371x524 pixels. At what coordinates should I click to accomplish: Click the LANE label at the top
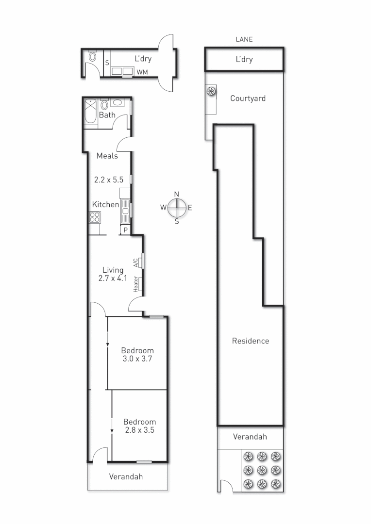pos(244,40)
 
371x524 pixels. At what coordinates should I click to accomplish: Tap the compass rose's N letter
pos(177,194)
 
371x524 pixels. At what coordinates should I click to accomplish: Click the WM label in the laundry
pos(142,72)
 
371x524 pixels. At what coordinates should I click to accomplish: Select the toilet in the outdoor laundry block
pos(93,57)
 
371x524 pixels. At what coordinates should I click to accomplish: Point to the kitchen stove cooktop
pos(95,217)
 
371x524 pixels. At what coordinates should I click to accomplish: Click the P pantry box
pos(125,230)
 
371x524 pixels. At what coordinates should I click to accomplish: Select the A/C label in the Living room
pos(135,262)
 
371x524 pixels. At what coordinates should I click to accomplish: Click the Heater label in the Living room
pos(135,284)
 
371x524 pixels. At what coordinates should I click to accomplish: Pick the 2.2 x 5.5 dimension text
pos(109,180)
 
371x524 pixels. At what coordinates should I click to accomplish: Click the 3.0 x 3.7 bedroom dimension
pos(137,359)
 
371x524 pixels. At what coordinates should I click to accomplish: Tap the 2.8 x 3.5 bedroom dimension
pos(139,430)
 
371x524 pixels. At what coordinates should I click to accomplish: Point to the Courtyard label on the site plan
pos(248,98)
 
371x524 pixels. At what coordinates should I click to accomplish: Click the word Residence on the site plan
pos(250,341)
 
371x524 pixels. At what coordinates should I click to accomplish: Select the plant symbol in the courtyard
pos(211,91)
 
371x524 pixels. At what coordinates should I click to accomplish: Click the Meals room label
pos(107,156)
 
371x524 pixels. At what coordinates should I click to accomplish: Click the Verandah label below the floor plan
pos(126,476)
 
